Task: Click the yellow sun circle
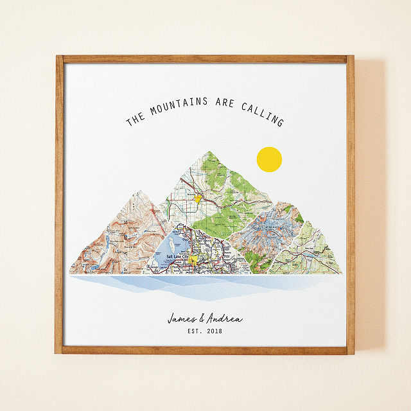point(269,160)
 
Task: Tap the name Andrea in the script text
point(225,319)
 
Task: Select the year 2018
point(216,333)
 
